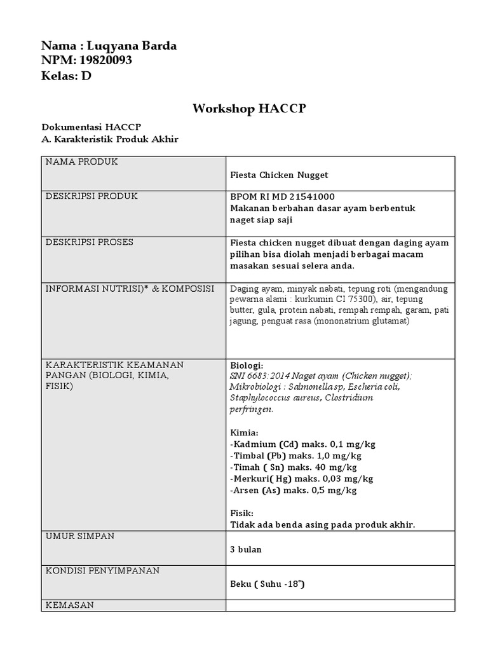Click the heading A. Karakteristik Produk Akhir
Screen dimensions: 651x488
(x=110, y=139)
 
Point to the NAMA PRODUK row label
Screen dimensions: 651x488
(x=81, y=162)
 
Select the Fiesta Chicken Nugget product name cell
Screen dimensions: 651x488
(x=279, y=175)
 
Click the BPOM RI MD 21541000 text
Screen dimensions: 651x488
(x=282, y=196)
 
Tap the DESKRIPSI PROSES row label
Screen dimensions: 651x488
(x=89, y=242)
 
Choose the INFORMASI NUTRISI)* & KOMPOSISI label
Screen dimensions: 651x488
(x=130, y=289)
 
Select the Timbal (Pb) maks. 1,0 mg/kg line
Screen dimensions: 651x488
(x=295, y=456)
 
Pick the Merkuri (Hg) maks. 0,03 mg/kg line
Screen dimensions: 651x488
(x=301, y=479)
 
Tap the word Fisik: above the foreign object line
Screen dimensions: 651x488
(x=241, y=513)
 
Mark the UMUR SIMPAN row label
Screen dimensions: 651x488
(x=80, y=536)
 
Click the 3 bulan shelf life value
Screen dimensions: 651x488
(x=245, y=549)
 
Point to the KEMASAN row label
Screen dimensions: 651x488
(x=69, y=605)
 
